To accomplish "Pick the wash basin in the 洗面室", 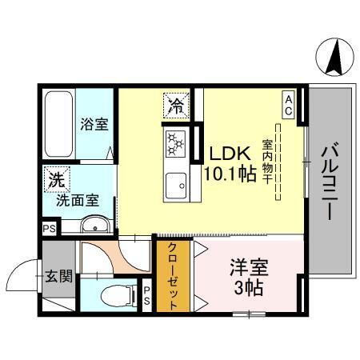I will tap(93, 225).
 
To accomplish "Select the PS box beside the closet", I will tap(147, 295).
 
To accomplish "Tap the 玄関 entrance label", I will tap(58, 277).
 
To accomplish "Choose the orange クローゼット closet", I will tap(172, 276).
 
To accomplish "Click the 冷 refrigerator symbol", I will tap(174, 103).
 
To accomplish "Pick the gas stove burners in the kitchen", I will tap(175, 144).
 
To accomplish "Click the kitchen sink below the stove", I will tap(175, 189).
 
